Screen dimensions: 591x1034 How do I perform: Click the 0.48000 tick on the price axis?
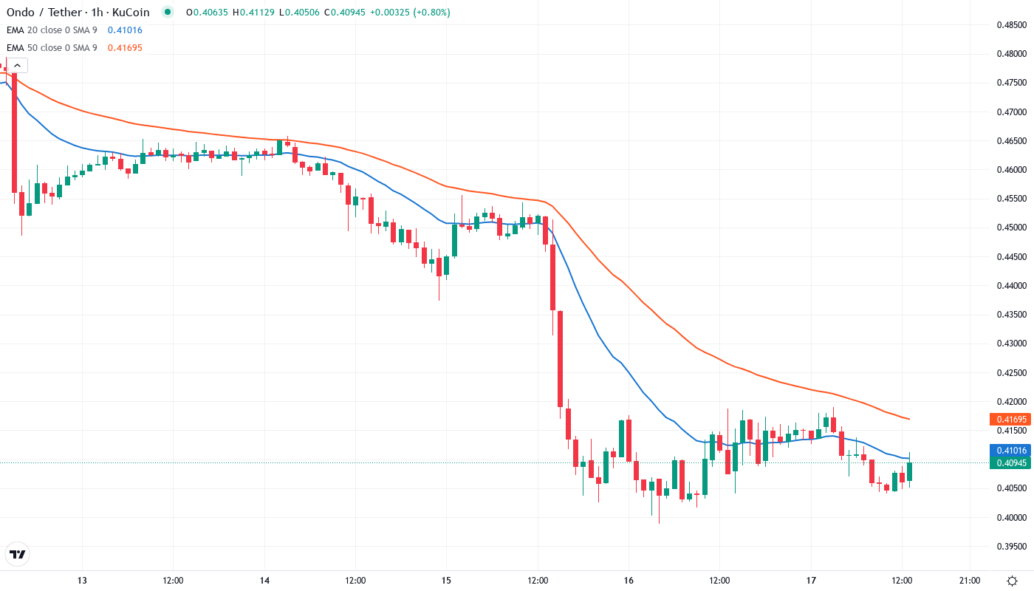[1010, 54]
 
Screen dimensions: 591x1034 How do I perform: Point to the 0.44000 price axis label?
[1010, 286]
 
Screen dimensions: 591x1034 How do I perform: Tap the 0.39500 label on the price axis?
[1010, 547]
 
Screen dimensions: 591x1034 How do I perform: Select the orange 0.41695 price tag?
[1009, 420]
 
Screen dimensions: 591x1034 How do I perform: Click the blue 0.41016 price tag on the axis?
[1009, 451]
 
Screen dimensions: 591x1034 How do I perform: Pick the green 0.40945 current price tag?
[1009, 463]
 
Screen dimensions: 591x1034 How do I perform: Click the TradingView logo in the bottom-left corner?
[17, 554]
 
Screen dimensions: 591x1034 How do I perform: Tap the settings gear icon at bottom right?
[1012, 580]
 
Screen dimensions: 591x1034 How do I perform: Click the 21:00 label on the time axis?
[969, 581]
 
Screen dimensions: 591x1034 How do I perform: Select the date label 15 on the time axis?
[446, 581]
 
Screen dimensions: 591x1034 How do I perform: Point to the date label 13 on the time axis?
[82, 581]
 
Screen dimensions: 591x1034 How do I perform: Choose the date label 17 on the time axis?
[810, 581]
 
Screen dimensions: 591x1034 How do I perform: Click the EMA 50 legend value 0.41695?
[125, 48]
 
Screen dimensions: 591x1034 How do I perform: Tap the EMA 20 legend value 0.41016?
[125, 30]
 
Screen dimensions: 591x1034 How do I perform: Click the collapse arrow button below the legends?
[17, 66]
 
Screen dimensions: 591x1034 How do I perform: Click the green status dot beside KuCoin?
[168, 13]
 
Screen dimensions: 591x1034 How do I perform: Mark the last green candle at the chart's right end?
[909, 471]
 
